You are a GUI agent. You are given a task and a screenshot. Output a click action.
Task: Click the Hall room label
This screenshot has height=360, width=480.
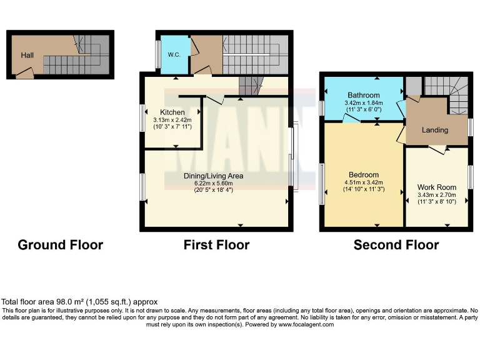tap(27, 56)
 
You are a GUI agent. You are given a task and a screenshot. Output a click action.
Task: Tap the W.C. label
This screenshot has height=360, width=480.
tap(174, 54)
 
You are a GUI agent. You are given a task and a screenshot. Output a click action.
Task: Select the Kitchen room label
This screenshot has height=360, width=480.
tap(172, 112)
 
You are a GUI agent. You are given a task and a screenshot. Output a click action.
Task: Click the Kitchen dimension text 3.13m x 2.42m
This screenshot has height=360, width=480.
tap(172, 120)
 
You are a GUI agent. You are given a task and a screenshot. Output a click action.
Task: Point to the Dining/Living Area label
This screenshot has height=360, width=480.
tap(213, 176)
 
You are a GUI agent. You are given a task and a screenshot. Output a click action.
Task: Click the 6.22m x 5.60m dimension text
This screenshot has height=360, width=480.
tap(213, 183)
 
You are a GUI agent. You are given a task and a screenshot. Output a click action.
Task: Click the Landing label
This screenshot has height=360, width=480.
tap(435, 130)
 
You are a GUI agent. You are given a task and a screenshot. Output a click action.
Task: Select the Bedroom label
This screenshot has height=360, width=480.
tap(364, 174)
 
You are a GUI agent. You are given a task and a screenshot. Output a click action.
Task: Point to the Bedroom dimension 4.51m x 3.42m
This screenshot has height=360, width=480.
tap(364, 182)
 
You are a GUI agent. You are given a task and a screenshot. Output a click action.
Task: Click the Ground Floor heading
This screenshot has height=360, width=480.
tap(60, 245)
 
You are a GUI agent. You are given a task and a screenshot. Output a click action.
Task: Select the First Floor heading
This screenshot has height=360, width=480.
tap(216, 245)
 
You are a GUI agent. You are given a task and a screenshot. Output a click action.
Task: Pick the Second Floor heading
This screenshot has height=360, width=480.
tap(396, 245)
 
